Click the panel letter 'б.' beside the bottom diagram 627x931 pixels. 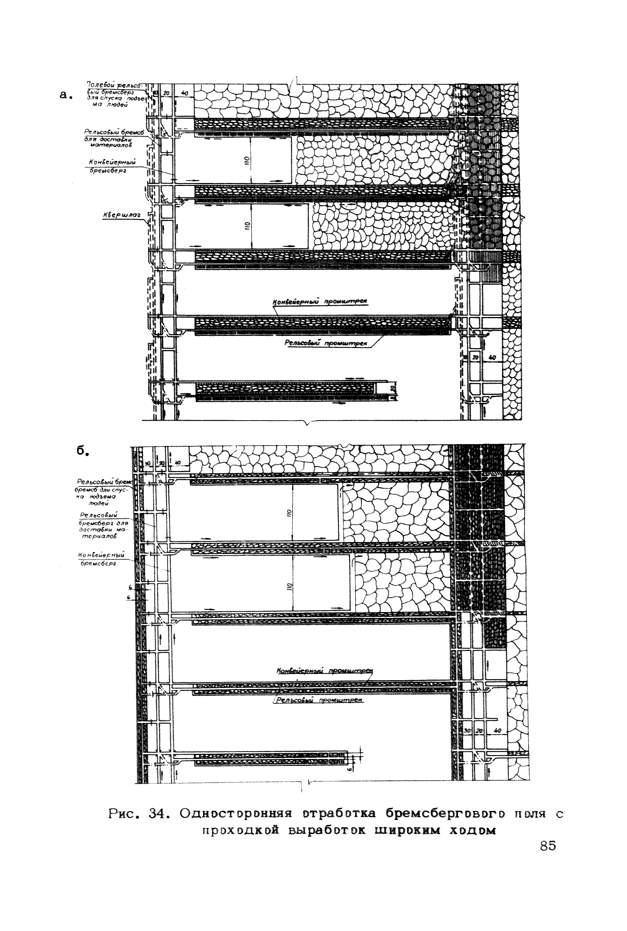tap(83, 450)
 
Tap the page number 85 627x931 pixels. tap(547, 846)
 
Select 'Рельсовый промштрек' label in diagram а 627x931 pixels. tap(326, 343)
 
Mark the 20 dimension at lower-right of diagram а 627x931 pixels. tap(476, 358)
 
